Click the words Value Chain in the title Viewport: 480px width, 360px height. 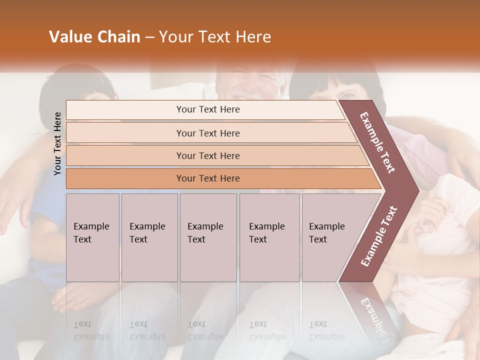[x=94, y=37]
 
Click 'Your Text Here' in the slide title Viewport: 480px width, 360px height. [x=215, y=37]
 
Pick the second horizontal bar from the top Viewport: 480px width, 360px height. [x=208, y=133]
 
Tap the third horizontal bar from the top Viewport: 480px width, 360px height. [x=208, y=155]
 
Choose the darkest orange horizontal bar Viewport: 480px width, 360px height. [x=208, y=178]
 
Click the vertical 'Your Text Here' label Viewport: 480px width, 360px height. [x=57, y=143]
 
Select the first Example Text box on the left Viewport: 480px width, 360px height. [x=92, y=237]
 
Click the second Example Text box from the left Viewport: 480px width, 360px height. [x=149, y=237]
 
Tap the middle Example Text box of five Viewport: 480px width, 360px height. [x=208, y=237]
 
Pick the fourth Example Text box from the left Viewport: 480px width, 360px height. [x=269, y=237]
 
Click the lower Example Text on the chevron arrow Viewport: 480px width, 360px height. [x=379, y=236]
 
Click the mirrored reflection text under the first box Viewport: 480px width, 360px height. [x=91, y=330]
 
